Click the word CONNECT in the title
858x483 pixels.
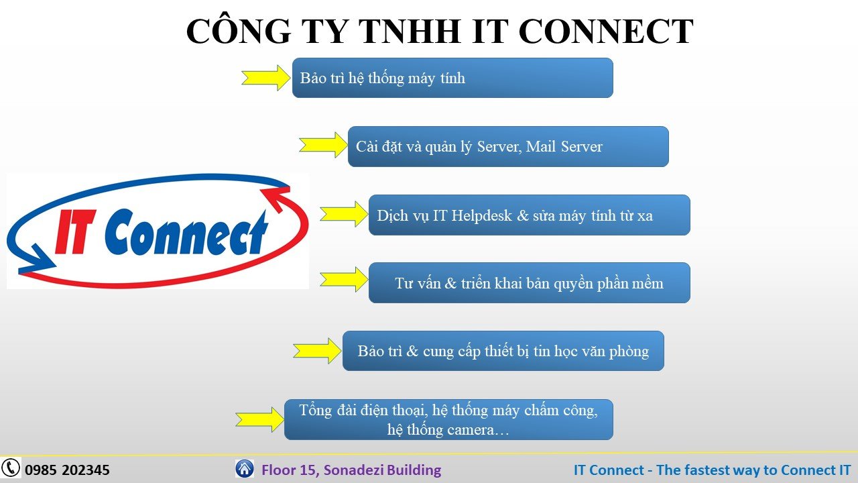(x=606, y=31)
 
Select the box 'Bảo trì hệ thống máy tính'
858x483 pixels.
(x=452, y=78)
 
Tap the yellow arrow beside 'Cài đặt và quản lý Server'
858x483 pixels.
(x=323, y=145)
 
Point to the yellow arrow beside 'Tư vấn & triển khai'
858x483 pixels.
(x=344, y=280)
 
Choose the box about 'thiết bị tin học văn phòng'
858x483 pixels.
(x=503, y=351)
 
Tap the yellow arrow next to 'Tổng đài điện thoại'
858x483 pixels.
(x=259, y=420)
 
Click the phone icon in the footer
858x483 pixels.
(x=11, y=468)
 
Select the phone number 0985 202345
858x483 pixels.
(x=68, y=470)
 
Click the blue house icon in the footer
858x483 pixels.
(x=245, y=468)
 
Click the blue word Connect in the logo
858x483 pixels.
(x=186, y=232)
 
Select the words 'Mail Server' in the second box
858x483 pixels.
(x=564, y=146)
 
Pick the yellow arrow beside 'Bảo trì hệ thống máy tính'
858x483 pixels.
(x=265, y=78)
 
